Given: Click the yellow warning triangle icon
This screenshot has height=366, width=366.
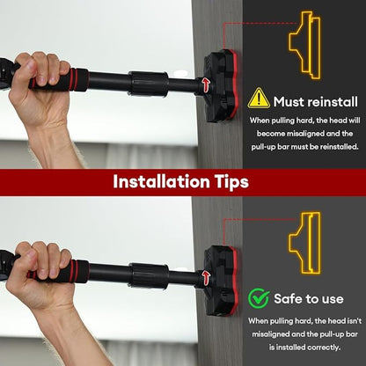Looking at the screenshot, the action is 259,99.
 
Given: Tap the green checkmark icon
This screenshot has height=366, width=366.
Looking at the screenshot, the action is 259,298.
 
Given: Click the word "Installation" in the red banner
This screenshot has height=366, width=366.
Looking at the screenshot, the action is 162,181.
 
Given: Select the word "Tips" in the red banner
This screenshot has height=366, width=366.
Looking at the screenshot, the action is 232,182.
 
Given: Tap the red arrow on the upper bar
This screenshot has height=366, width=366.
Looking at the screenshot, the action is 206,84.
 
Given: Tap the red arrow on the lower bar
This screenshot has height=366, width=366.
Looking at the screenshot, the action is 206,278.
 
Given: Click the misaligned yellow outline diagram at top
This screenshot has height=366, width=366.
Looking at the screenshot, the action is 305,45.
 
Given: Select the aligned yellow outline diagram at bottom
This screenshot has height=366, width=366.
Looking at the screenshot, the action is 305,243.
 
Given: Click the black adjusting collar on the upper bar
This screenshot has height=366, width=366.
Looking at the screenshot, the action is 149,84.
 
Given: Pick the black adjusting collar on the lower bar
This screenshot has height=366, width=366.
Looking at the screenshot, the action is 149,276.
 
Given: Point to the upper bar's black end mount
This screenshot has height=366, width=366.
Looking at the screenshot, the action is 219,85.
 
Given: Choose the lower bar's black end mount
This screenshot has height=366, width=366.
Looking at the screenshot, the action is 220,281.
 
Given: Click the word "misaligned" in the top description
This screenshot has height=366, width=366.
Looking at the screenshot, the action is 305,134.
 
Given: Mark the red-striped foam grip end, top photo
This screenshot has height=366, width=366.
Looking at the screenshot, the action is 78,80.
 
